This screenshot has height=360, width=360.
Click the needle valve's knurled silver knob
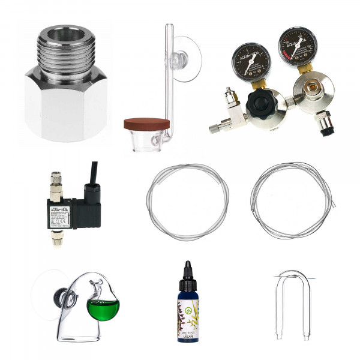click(227, 96)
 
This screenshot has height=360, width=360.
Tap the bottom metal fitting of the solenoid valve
click(56, 237)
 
